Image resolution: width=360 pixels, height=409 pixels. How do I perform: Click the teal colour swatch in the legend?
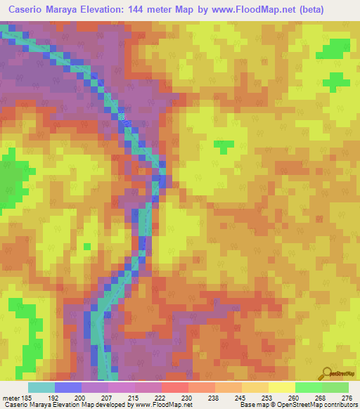click(x=41, y=387)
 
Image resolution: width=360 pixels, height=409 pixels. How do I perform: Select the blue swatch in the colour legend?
click(x=68, y=387)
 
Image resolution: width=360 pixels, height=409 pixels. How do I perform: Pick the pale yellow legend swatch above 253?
click(x=255, y=387)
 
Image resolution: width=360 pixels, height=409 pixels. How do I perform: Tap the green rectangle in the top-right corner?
click(x=333, y=49)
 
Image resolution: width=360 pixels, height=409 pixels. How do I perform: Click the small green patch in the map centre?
click(x=224, y=146)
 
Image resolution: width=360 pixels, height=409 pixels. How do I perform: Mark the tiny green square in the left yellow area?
click(x=87, y=246)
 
